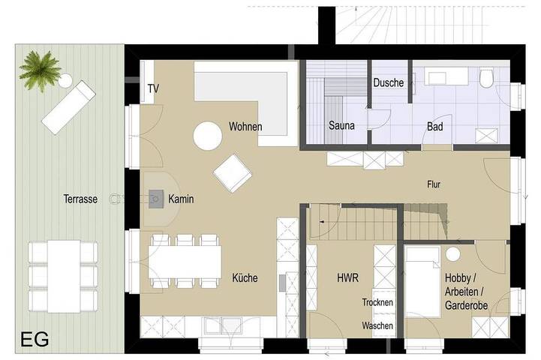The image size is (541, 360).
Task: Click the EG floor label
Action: click(x=35, y=338)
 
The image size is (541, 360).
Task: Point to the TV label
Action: click(x=153, y=88)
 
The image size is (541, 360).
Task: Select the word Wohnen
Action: click(x=245, y=127)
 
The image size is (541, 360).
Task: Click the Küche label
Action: click(x=245, y=277)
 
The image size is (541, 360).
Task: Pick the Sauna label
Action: click(x=341, y=127)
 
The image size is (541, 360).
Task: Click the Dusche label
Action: click(x=389, y=83)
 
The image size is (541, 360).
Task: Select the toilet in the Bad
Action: click(x=486, y=78)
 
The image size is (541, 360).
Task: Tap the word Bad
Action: click(x=434, y=127)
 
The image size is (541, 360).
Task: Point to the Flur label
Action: click(x=434, y=183)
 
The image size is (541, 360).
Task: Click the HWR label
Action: click(x=347, y=277)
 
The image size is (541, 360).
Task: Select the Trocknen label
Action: click(x=377, y=302)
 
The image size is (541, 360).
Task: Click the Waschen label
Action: click(x=377, y=326)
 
